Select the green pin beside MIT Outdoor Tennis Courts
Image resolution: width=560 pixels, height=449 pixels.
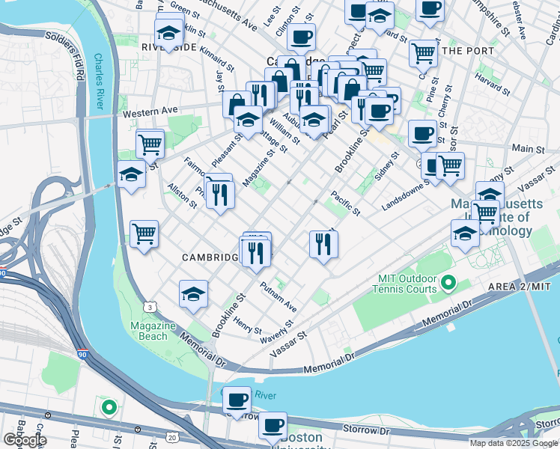coord(448,283)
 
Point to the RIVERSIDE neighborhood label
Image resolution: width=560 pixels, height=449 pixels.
coord(168,47)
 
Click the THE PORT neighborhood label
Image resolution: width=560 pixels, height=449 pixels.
coord(469,51)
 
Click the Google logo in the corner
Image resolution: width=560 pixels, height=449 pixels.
coord(25,440)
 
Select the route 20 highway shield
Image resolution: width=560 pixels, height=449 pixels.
coord(173,437)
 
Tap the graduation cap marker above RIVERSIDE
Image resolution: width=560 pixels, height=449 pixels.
coord(168,33)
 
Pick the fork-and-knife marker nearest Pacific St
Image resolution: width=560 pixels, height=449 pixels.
coord(323,245)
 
